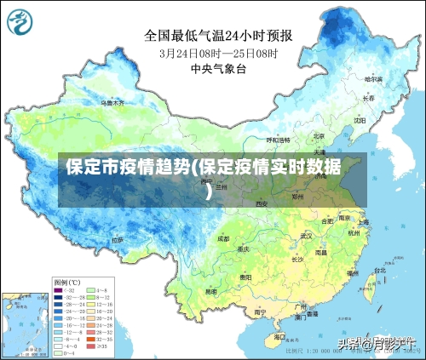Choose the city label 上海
[363, 222]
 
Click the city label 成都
[222, 239]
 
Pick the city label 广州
[300, 306]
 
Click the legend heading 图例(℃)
[67, 282]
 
